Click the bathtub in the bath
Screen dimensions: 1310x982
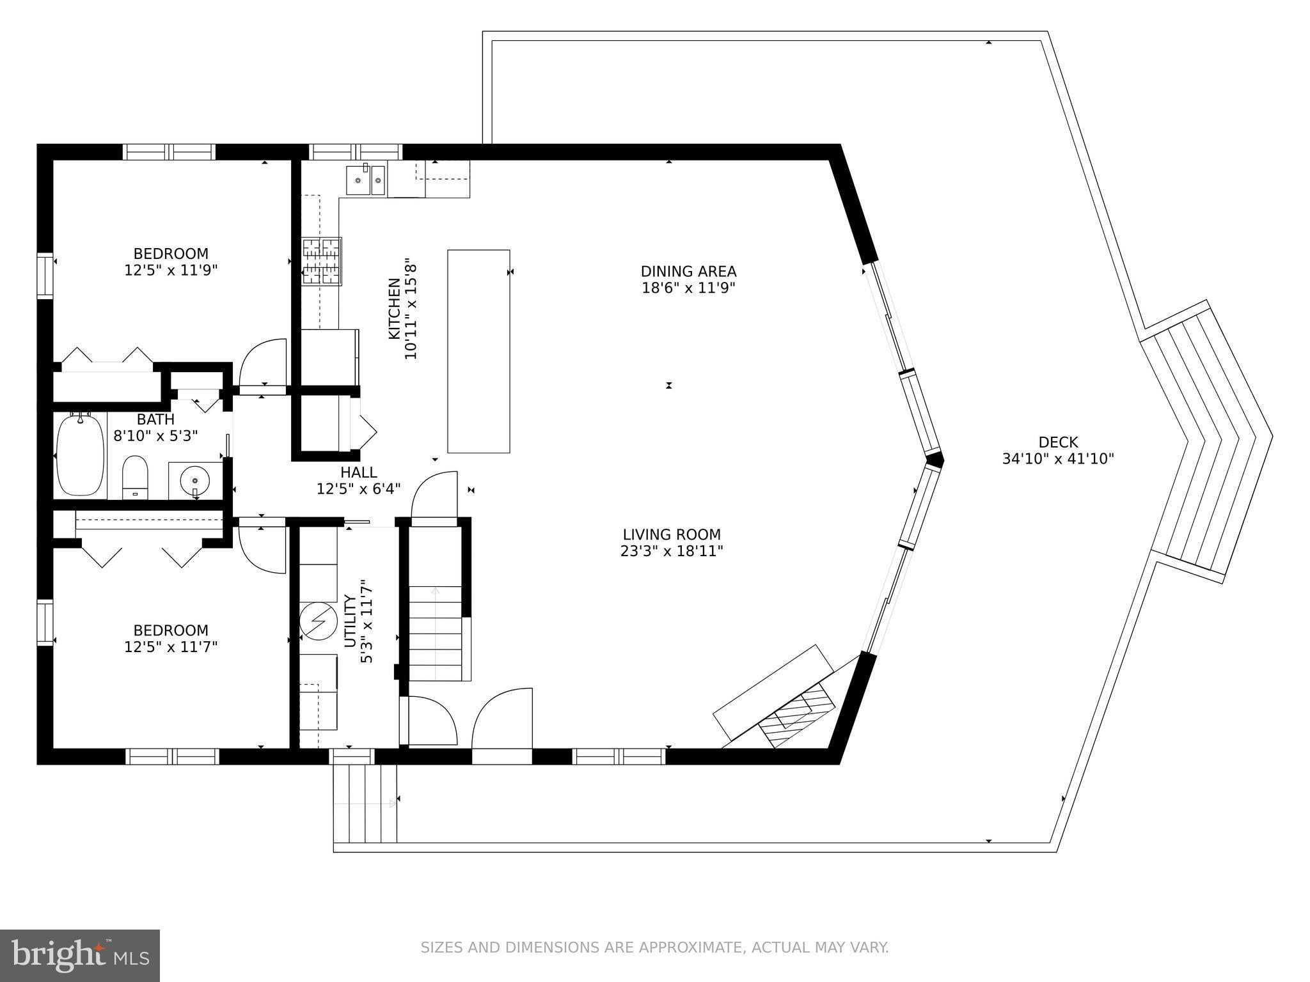[81, 455]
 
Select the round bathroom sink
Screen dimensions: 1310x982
[193, 479]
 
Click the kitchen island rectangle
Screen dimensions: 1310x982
[478, 351]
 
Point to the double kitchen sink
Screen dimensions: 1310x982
[366, 178]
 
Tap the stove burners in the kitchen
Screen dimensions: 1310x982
[322, 260]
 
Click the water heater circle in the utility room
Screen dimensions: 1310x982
[319, 621]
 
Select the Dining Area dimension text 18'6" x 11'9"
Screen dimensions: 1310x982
[688, 288]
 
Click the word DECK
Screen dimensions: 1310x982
[1058, 442]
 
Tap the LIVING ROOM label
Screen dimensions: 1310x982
[672, 534]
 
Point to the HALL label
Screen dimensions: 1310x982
[358, 472]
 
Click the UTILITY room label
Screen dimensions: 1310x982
[350, 621]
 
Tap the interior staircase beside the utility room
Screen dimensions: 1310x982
[435, 633]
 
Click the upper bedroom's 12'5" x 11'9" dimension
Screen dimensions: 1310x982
[171, 270]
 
